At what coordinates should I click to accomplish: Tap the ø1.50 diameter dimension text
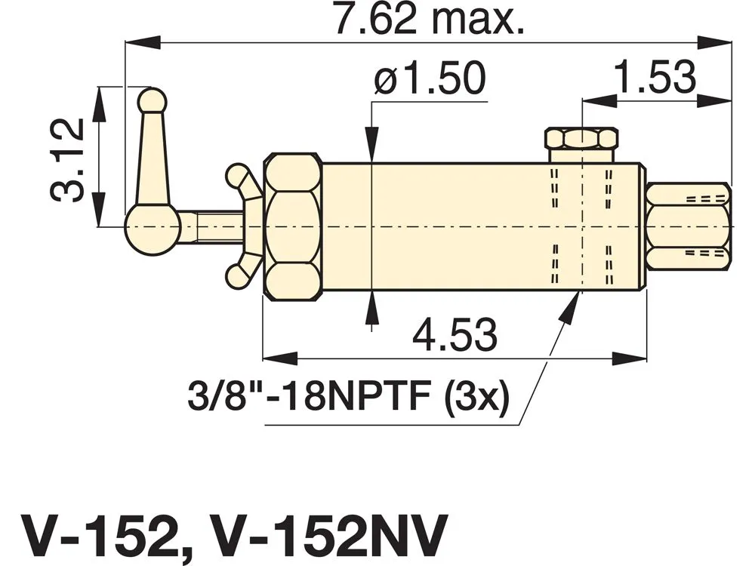(x=430, y=78)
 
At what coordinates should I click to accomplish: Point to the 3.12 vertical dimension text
(x=67, y=160)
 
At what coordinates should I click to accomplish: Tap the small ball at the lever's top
(x=153, y=100)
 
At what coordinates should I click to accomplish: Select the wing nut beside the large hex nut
(x=245, y=226)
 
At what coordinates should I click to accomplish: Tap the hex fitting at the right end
(x=689, y=226)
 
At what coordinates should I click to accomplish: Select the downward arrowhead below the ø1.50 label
(x=371, y=144)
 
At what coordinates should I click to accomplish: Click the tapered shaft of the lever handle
(x=153, y=158)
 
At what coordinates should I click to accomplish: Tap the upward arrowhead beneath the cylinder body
(x=371, y=308)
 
